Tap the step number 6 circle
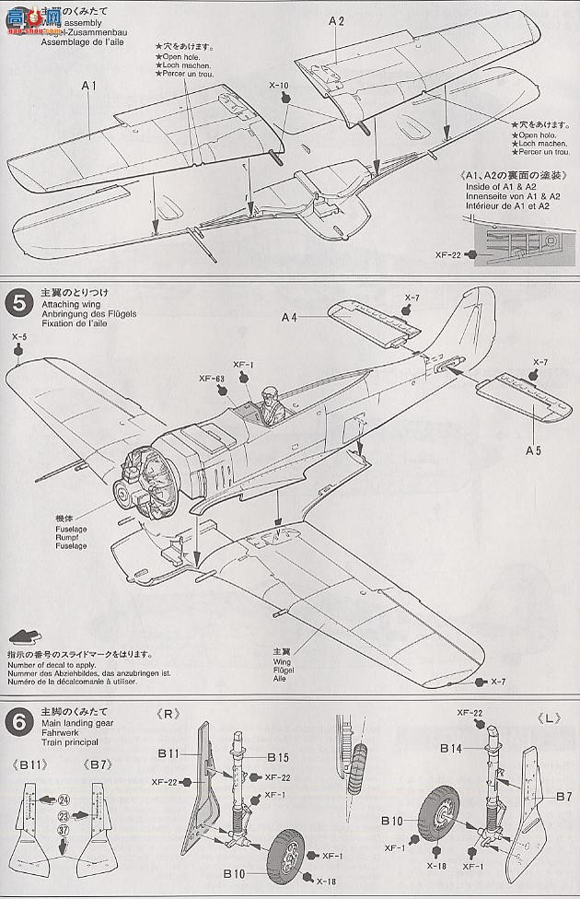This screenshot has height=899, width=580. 17,718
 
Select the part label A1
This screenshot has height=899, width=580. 89,85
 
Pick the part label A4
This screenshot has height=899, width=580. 289,318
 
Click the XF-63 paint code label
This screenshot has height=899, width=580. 212,379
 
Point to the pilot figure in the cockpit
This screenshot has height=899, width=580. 270,406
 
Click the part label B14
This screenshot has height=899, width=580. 451,749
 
